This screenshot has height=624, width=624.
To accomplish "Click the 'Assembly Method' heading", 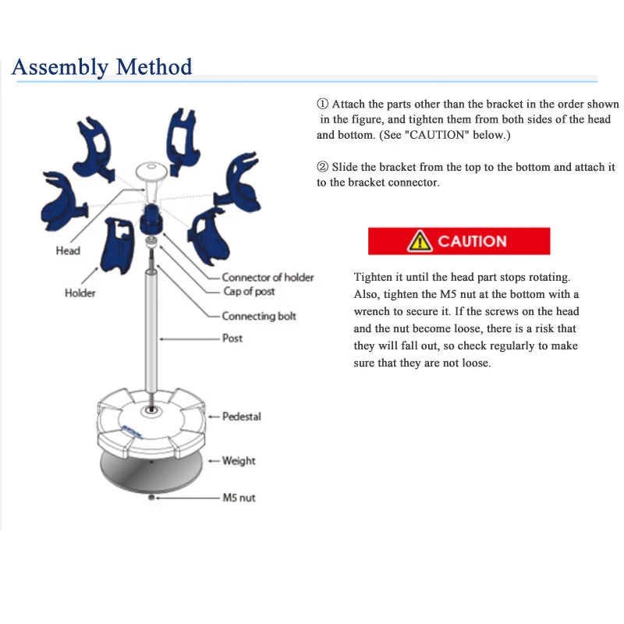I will [x=101, y=66].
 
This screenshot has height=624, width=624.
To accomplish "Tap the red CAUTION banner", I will [x=459, y=241].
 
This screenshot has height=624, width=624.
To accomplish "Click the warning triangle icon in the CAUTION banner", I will [x=420, y=241].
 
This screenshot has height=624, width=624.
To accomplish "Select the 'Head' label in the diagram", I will [x=68, y=250].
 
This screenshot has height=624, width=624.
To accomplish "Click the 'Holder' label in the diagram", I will [x=80, y=292].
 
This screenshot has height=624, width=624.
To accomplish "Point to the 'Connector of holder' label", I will [x=268, y=277].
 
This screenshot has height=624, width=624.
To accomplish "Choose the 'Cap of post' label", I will [x=249, y=291].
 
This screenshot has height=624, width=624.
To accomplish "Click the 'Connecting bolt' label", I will [x=259, y=316].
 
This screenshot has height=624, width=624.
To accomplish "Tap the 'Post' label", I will [x=232, y=338].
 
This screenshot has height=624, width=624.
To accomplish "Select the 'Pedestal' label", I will [x=241, y=417].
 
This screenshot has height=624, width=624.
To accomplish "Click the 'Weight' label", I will [x=239, y=460].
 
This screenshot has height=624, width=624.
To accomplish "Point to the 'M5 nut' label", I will [x=239, y=498].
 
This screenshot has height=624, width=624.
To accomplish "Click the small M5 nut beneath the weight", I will [x=151, y=498].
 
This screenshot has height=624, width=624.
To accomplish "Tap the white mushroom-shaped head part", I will [x=151, y=173].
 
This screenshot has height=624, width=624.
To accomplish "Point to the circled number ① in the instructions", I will [x=323, y=104].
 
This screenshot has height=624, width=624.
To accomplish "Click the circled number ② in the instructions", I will [x=323, y=167].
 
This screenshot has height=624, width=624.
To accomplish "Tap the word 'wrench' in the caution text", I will [x=371, y=311].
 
